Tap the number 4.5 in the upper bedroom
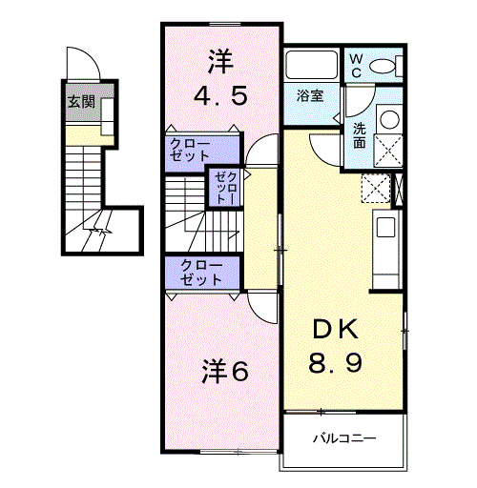pos(220,96)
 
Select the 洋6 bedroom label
pos(224,372)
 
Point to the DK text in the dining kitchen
pos(334,330)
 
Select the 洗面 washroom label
pos(359,134)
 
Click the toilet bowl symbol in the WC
pos(383,66)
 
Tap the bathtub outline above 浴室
pos(311,66)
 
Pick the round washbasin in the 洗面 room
pos(388,119)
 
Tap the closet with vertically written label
pos(225,188)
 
